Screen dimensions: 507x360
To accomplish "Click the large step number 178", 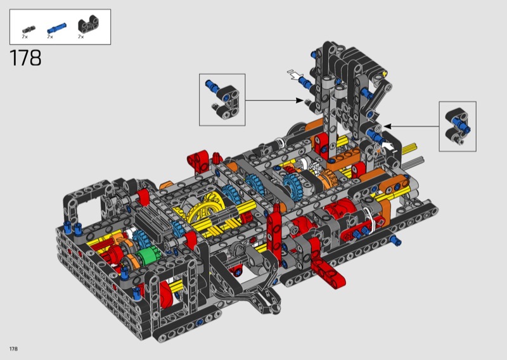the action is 26,58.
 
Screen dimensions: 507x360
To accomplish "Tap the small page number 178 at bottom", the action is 13,349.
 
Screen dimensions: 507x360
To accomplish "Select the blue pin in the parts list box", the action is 56,28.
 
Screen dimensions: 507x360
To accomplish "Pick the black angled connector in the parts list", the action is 88,24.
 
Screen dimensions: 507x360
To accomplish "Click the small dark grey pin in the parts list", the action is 29,29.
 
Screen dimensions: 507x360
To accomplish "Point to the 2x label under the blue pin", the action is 50,37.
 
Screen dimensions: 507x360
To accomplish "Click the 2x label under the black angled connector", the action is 81,37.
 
